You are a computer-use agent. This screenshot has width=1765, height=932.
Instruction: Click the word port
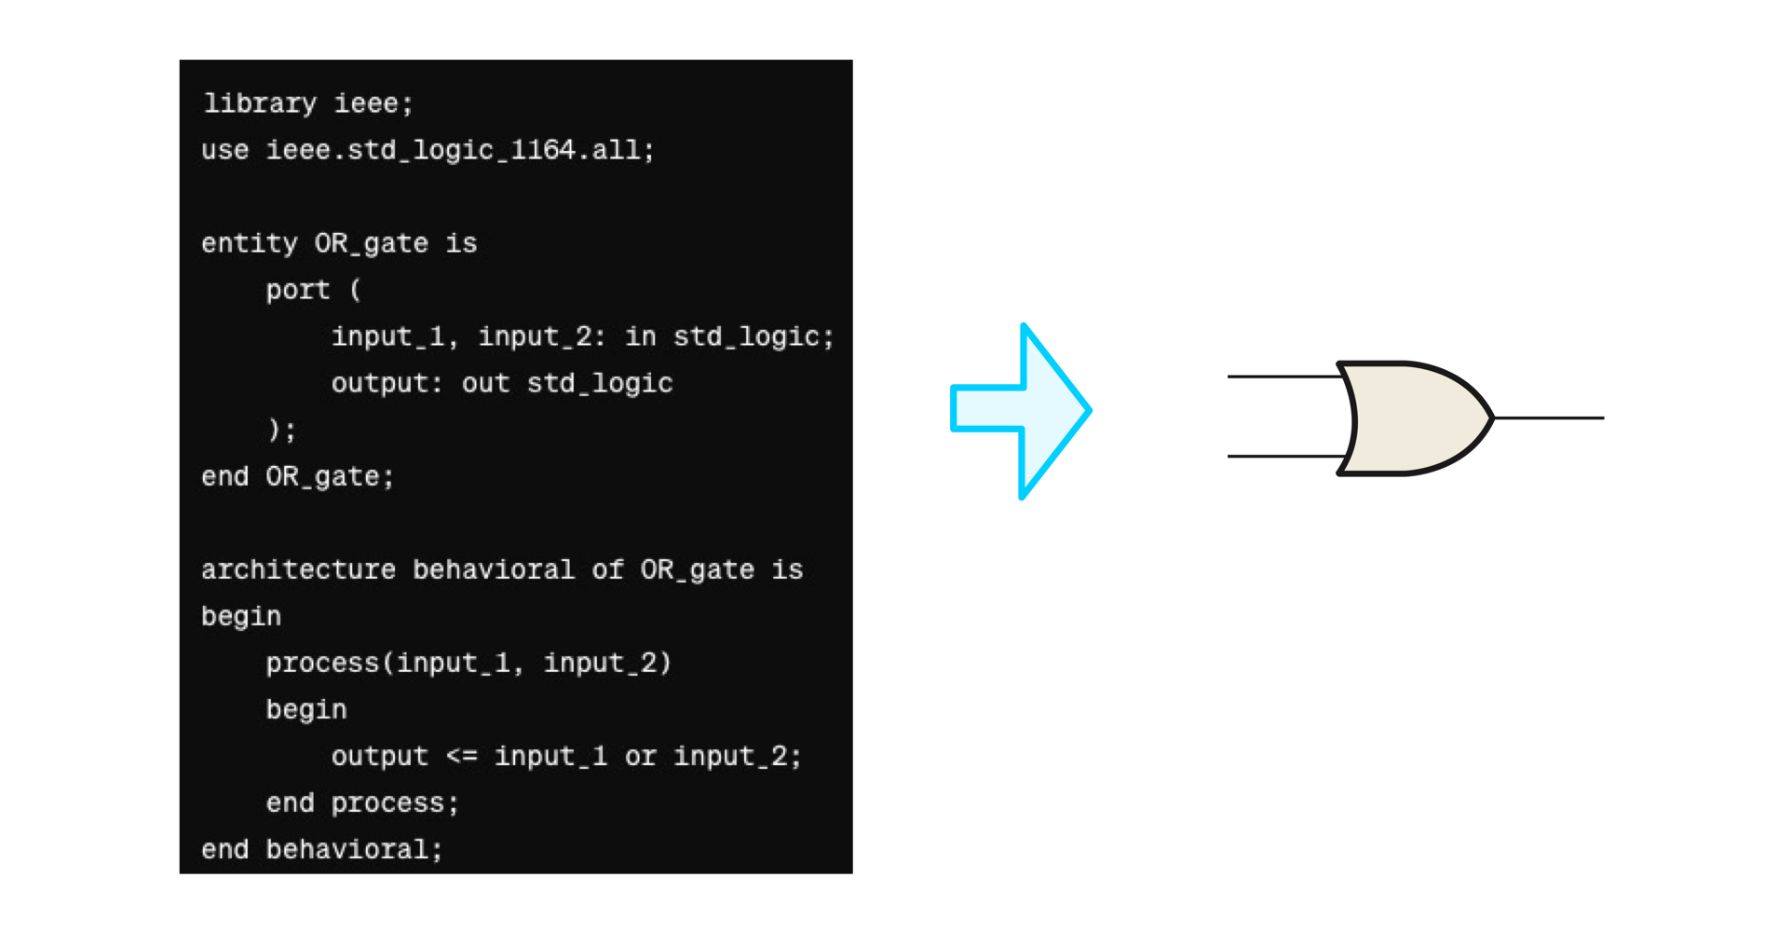coord(298,290)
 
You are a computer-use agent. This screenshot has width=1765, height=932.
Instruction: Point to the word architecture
coord(298,569)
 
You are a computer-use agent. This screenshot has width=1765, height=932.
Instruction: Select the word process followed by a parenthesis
coord(323,663)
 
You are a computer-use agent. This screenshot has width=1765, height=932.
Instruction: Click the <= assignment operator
coord(461,756)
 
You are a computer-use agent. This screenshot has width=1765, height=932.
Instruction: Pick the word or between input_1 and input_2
coord(640,756)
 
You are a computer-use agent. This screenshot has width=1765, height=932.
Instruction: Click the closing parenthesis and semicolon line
coord(281,430)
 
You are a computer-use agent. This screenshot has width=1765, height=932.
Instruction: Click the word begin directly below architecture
coord(241,616)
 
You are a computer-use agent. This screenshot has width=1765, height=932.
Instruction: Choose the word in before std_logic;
coord(640,336)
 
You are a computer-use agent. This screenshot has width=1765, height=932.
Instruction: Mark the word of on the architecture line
coord(607,569)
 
